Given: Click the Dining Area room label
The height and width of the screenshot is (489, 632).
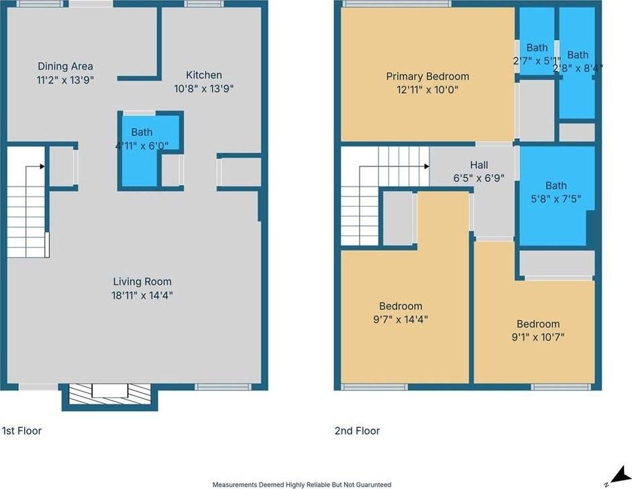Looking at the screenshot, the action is (x=65, y=66).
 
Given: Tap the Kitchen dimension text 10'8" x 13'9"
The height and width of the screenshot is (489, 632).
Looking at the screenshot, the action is (x=204, y=89).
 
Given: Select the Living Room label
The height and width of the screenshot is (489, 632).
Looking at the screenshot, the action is (x=142, y=281).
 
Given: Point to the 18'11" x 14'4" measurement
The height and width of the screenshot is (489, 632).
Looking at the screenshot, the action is (x=142, y=296).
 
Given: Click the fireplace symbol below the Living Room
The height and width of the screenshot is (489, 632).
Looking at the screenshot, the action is (x=109, y=394).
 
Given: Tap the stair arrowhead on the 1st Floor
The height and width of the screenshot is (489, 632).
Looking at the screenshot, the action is (x=42, y=166).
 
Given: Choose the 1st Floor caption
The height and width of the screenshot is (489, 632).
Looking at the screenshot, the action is (x=21, y=431).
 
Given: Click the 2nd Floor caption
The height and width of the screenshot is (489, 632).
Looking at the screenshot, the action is (x=357, y=431).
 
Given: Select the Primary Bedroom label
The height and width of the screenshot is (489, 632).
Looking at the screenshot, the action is (x=427, y=76).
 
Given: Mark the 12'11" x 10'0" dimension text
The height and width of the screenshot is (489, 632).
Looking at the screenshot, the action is (x=427, y=89).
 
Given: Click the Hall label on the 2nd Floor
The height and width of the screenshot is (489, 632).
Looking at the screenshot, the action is (x=479, y=165).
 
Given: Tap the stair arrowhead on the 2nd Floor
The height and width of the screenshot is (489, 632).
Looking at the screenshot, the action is (x=427, y=166).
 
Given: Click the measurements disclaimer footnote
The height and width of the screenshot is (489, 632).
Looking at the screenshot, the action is (x=302, y=484).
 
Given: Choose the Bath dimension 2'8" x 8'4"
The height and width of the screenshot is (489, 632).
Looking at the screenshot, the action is (x=578, y=68).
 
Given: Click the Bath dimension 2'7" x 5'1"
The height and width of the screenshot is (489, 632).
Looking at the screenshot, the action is (x=537, y=61).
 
